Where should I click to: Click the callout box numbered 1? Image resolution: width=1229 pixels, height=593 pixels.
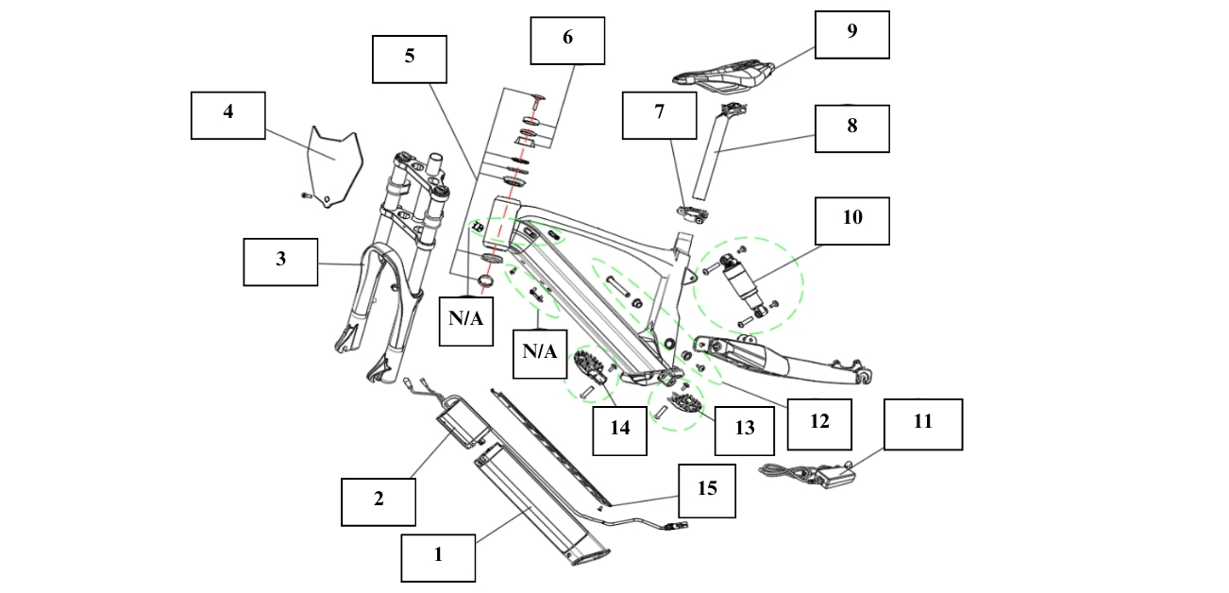438,556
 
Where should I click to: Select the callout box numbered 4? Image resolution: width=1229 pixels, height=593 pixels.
227,115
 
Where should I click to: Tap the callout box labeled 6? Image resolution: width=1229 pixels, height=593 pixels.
567,41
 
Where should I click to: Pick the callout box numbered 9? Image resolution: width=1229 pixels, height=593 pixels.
851,35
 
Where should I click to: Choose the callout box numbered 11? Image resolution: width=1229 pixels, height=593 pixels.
922,424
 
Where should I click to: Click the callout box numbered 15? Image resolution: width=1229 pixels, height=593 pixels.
706,490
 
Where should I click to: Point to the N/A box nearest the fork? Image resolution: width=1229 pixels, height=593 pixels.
465,318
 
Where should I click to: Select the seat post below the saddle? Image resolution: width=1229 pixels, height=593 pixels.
713,151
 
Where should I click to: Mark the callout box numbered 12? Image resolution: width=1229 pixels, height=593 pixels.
819,422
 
